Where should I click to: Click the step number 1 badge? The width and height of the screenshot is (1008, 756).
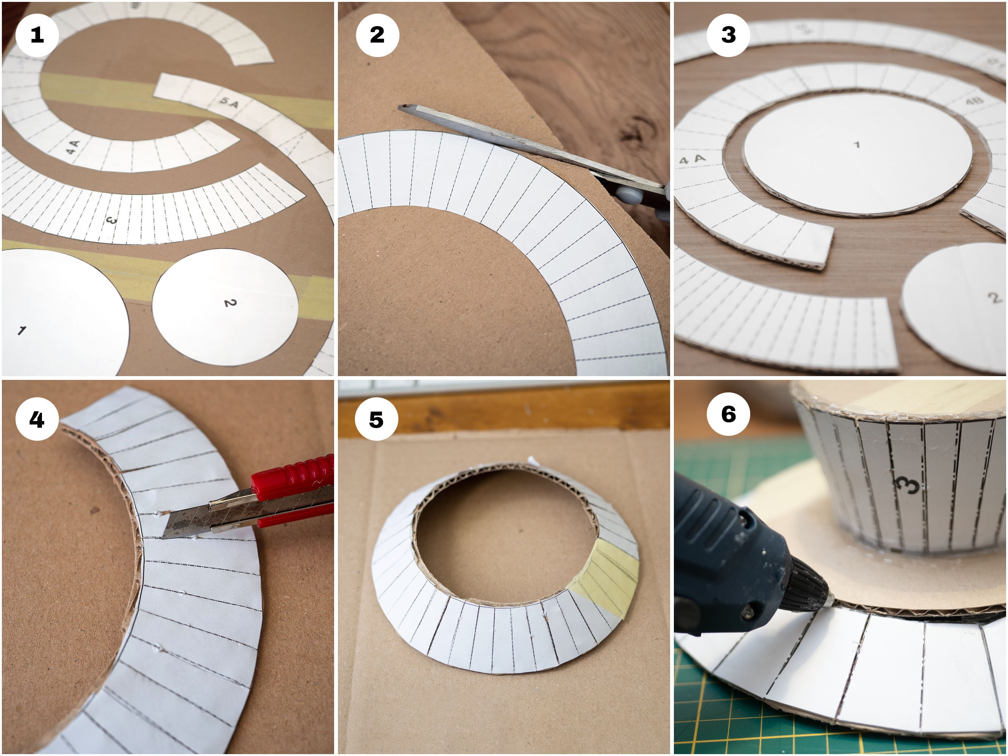pyautogui.click(x=37, y=35)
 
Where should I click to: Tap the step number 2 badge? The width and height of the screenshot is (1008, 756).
pyautogui.click(x=377, y=35)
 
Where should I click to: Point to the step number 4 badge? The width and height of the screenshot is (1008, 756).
pyautogui.click(x=37, y=419)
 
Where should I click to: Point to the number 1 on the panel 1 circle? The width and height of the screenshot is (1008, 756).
pyautogui.click(x=22, y=330)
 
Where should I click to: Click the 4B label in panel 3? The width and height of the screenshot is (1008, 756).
pyautogui.click(x=974, y=101)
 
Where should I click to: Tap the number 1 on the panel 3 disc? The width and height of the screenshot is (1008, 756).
pyautogui.click(x=857, y=144)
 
